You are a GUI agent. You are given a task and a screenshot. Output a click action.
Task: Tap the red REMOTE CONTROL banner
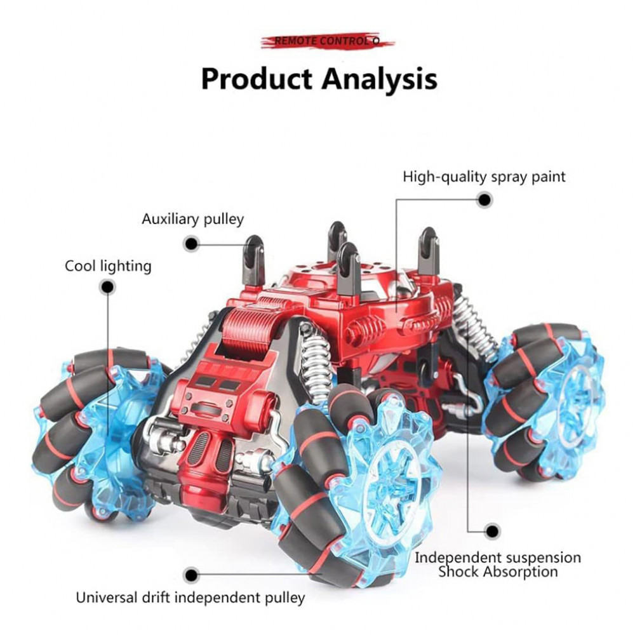pyautogui.click(x=327, y=41)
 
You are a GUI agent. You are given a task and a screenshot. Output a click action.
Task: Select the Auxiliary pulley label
pyautogui.click(x=192, y=220)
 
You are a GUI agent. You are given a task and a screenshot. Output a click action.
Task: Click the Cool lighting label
pyautogui.click(x=108, y=265)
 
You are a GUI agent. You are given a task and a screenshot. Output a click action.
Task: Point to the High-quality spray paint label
pyautogui.click(x=484, y=177)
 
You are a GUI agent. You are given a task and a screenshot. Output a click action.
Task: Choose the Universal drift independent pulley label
pyautogui.click(x=190, y=598)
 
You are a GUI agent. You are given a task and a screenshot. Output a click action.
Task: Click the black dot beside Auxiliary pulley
pyautogui.click(x=192, y=243)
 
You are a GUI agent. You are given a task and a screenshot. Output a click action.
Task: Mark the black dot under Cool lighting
pyautogui.click(x=108, y=288)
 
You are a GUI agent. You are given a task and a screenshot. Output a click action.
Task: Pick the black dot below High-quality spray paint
pyautogui.click(x=485, y=200)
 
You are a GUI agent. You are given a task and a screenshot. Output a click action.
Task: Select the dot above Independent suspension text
pyautogui.click(x=491, y=531)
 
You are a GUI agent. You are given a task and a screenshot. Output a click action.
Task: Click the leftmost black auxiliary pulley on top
pyautogui.click(x=255, y=260)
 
